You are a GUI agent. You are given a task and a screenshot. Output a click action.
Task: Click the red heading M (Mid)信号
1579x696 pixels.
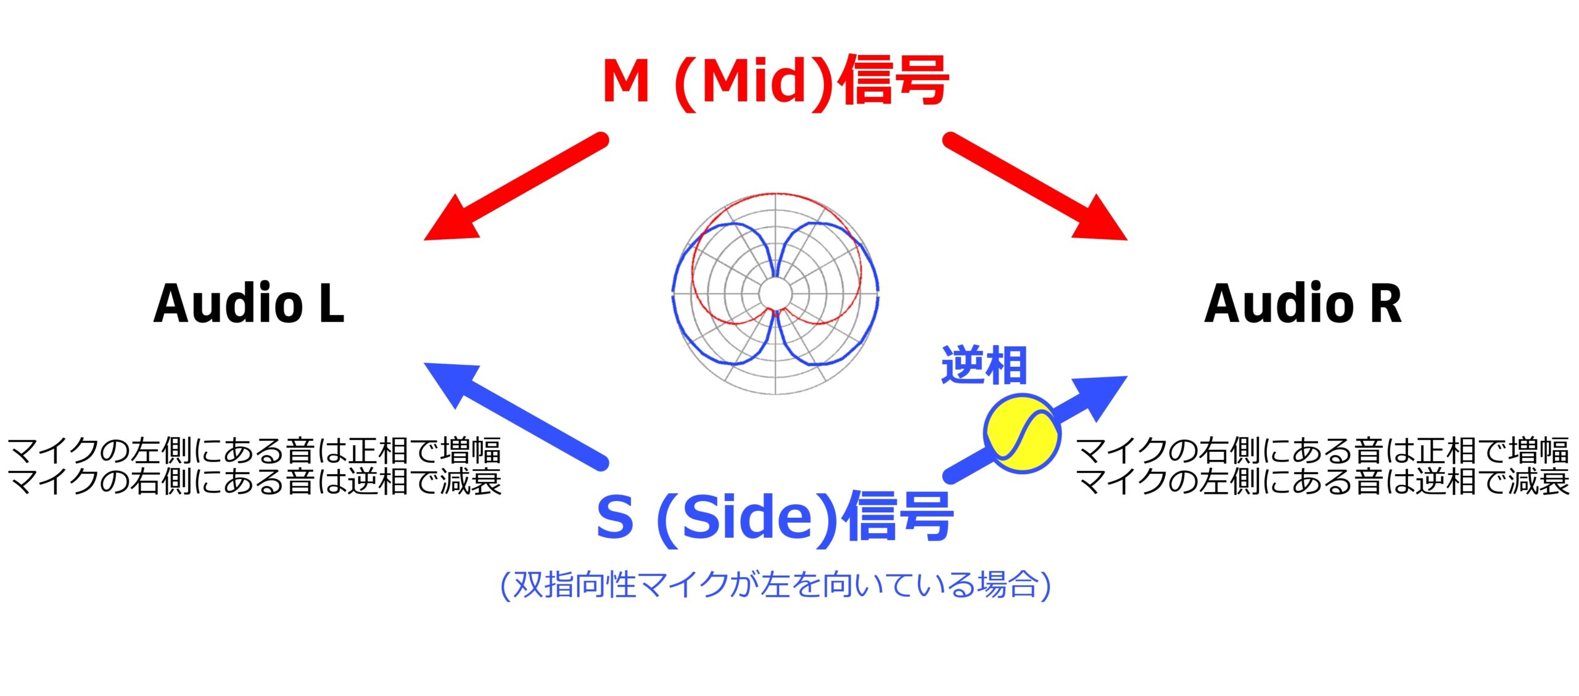(x=775, y=81)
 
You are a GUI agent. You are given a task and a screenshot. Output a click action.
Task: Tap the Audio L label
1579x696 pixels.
(x=249, y=303)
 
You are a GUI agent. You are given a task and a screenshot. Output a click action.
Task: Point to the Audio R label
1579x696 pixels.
(x=1303, y=303)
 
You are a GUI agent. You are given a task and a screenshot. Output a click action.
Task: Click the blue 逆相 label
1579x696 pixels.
(x=984, y=366)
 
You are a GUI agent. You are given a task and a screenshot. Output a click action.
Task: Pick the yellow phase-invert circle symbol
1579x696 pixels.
(x=1022, y=434)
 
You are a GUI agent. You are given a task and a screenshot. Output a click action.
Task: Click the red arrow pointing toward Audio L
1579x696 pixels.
(x=516, y=187)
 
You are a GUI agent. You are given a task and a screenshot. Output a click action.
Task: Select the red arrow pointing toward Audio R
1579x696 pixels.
(x=1035, y=187)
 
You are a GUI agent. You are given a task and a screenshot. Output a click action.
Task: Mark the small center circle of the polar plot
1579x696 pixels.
(x=775, y=293)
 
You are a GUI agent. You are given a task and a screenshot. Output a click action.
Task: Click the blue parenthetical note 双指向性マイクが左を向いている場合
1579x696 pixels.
(x=775, y=584)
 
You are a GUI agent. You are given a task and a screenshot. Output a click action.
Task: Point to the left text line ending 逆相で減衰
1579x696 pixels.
(x=254, y=481)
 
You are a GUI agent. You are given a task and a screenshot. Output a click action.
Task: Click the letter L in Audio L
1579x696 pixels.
(x=332, y=303)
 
